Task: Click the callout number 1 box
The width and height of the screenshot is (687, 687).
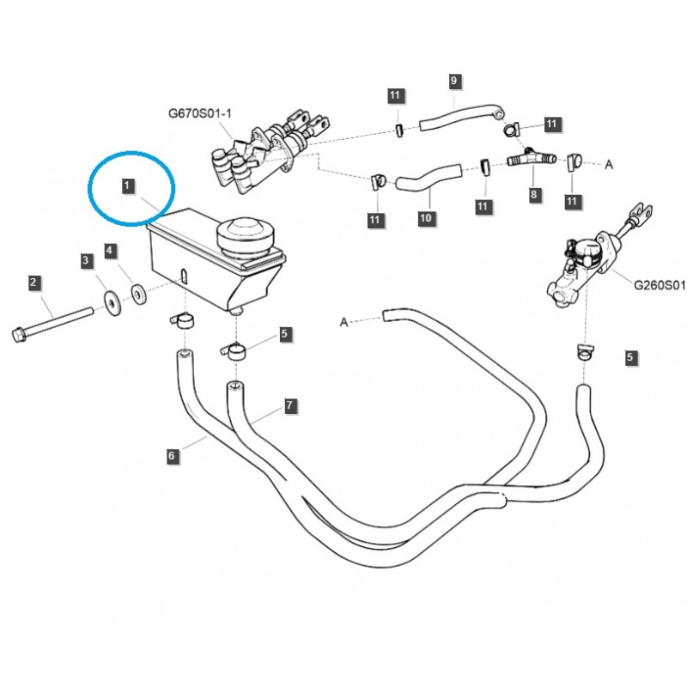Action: click(126, 185)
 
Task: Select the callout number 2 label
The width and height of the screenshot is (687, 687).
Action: click(33, 282)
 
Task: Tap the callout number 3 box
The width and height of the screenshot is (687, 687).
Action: click(85, 258)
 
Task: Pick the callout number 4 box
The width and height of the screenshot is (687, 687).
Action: click(110, 251)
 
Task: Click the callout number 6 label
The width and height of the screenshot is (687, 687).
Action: click(172, 456)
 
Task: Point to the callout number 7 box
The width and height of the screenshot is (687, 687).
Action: click(290, 404)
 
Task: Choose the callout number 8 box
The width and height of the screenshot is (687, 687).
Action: click(534, 195)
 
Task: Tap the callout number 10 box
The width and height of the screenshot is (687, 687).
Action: click(426, 219)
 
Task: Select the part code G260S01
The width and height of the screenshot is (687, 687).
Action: click(660, 285)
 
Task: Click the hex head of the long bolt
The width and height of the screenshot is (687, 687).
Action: click(20, 333)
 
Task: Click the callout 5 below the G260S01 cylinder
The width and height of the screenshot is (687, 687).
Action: click(631, 356)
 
